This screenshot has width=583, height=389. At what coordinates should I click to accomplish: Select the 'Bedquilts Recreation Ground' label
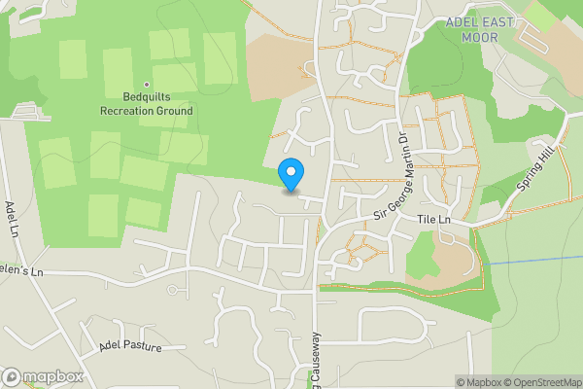pyautogui.click(x=146, y=104)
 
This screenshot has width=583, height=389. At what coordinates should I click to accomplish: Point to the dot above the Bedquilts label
pyautogui.click(x=147, y=85)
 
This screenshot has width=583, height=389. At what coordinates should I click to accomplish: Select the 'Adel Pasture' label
pyautogui.click(x=129, y=346)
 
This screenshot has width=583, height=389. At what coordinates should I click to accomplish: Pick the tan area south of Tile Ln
pyautogui.click(x=448, y=255)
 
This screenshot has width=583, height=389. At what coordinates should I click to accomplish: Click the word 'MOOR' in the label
pyautogui.click(x=480, y=37)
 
